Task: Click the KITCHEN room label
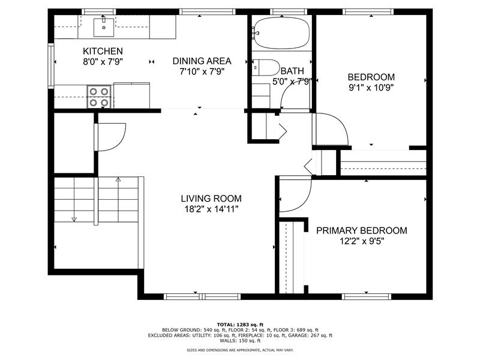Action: pyautogui.click(x=103, y=51)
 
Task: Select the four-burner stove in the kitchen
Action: pyautogui.click(x=100, y=97)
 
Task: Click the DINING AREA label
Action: pyautogui.click(x=202, y=61)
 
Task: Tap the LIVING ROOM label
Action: pyautogui.click(x=211, y=199)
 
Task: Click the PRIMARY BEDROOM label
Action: pyautogui.click(x=361, y=230)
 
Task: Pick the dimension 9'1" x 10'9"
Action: pyautogui.click(x=371, y=87)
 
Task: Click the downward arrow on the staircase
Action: pyautogui.click(x=74, y=218)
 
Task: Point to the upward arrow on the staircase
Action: pyautogui.click(x=118, y=179)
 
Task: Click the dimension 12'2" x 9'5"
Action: pyautogui.click(x=361, y=241)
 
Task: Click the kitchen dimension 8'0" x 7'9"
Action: pyautogui.click(x=103, y=61)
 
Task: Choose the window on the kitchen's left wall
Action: pyautogui.click(x=52, y=64)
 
